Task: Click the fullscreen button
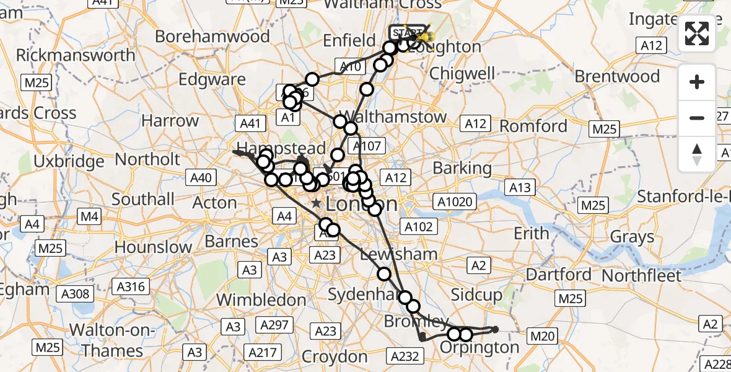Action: (697, 34)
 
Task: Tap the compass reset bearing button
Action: (697, 153)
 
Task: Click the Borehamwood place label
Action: (212, 36)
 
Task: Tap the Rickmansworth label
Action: (75, 55)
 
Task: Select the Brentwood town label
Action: (617, 77)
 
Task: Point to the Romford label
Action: (533, 126)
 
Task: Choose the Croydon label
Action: (335, 356)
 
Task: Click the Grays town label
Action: (632, 237)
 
